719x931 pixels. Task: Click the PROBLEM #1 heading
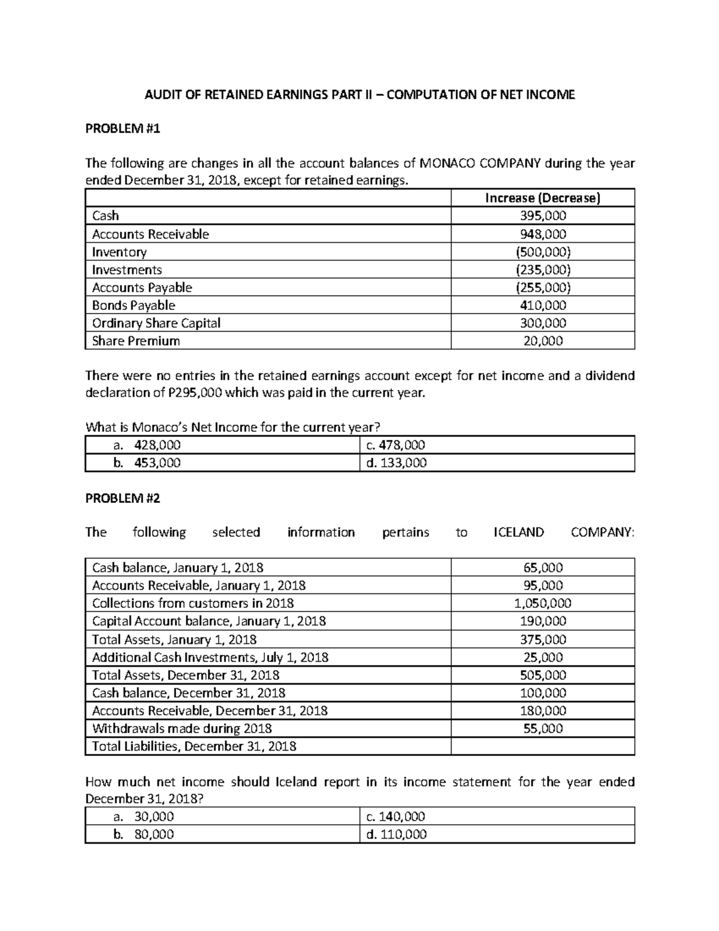[123, 128]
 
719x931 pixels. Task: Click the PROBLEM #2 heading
[123, 498]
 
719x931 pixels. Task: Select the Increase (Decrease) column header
[542, 198]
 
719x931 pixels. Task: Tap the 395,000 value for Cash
[542, 216]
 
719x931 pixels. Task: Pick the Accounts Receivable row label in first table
[150, 234]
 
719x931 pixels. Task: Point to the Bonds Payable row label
[134, 305]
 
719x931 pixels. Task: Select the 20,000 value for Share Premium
[542, 341]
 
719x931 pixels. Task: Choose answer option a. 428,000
[147, 445]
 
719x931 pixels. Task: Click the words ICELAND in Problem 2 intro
[518, 532]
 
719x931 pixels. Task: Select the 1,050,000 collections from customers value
[542, 603]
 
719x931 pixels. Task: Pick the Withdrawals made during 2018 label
[182, 728]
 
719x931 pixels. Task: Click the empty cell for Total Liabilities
[542, 746]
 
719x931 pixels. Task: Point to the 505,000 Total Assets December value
[542, 675]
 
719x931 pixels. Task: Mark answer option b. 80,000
[144, 834]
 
